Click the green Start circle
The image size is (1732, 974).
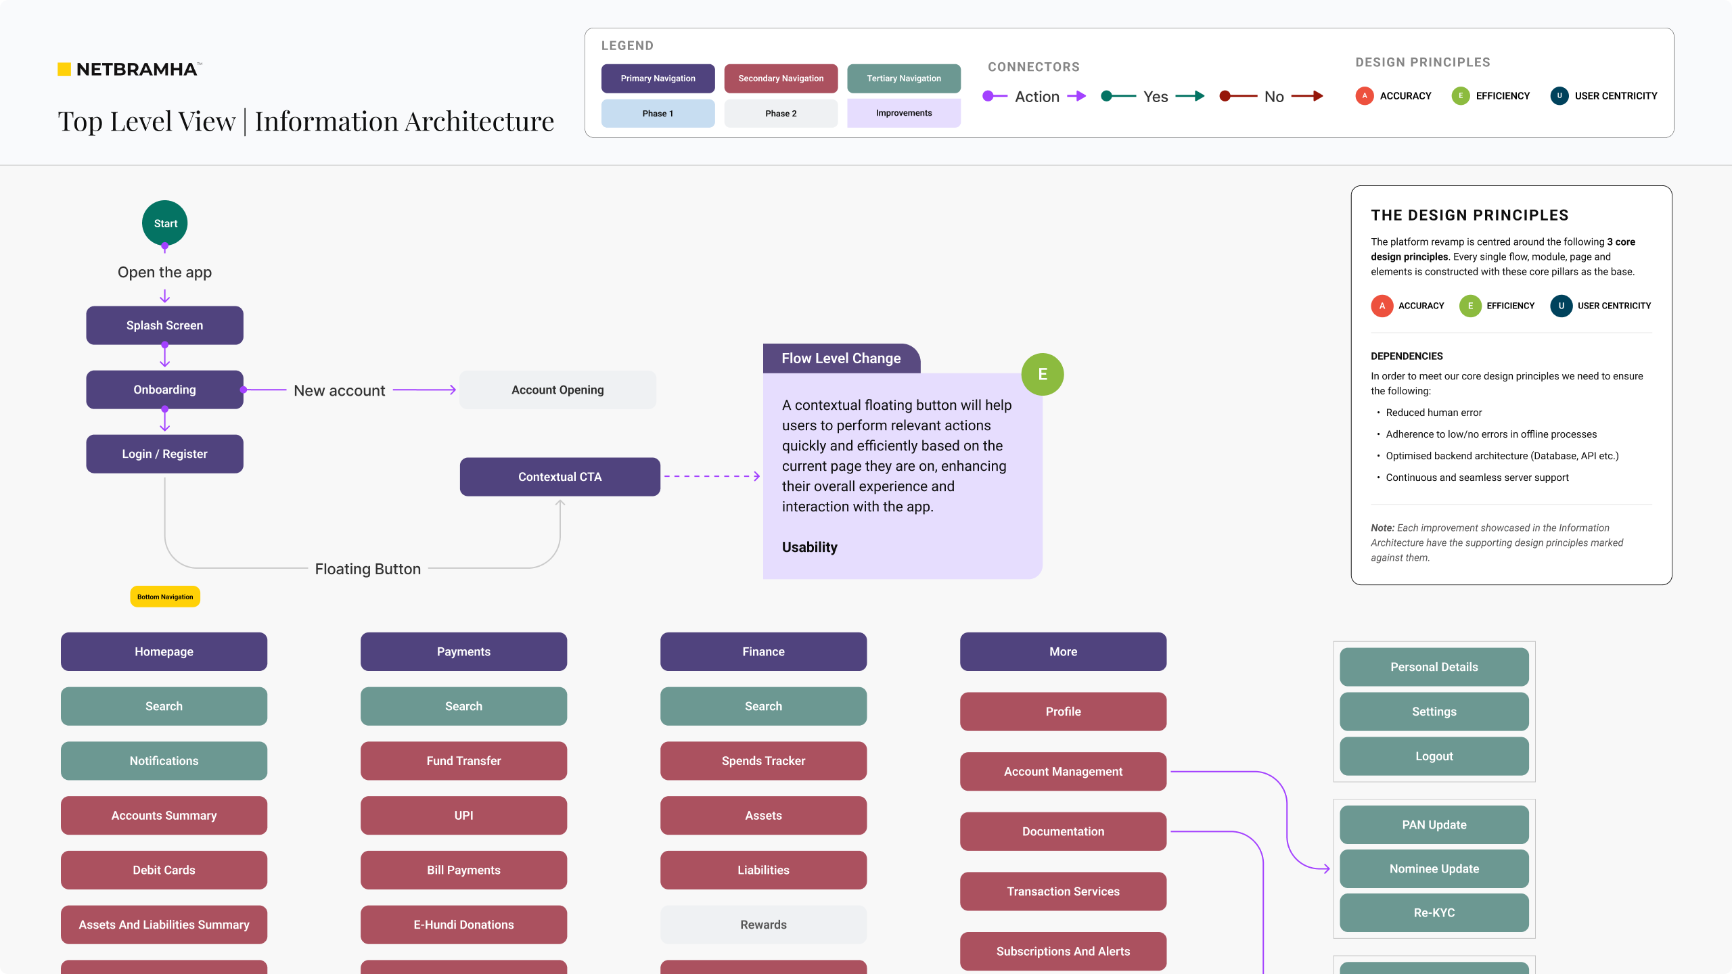pos(164,223)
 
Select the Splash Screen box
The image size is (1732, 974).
pos(164,325)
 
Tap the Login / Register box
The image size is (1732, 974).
pos(164,454)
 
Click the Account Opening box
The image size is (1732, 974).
pos(557,390)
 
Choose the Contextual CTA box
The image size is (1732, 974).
pos(560,477)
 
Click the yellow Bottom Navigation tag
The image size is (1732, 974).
pos(165,597)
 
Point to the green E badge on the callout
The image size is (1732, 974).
pos(1043,375)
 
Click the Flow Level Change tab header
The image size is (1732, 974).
pos(842,358)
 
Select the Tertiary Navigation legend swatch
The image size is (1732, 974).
pos(904,78)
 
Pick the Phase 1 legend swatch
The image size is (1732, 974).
pos(658,114)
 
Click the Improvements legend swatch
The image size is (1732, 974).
pos(904,113)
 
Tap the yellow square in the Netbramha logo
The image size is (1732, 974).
pos(64,69)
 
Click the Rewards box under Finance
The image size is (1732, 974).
pos(763,925)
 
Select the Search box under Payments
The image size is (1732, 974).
pos(463,706)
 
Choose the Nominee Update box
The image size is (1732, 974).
pos(1434,868)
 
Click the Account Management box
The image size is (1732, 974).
pos(1063,772)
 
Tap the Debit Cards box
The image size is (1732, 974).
pos(164,870)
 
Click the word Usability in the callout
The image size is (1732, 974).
pos(810,547)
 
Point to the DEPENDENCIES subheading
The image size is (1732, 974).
pos(1407,356)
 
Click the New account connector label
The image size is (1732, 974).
pos(340,391)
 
